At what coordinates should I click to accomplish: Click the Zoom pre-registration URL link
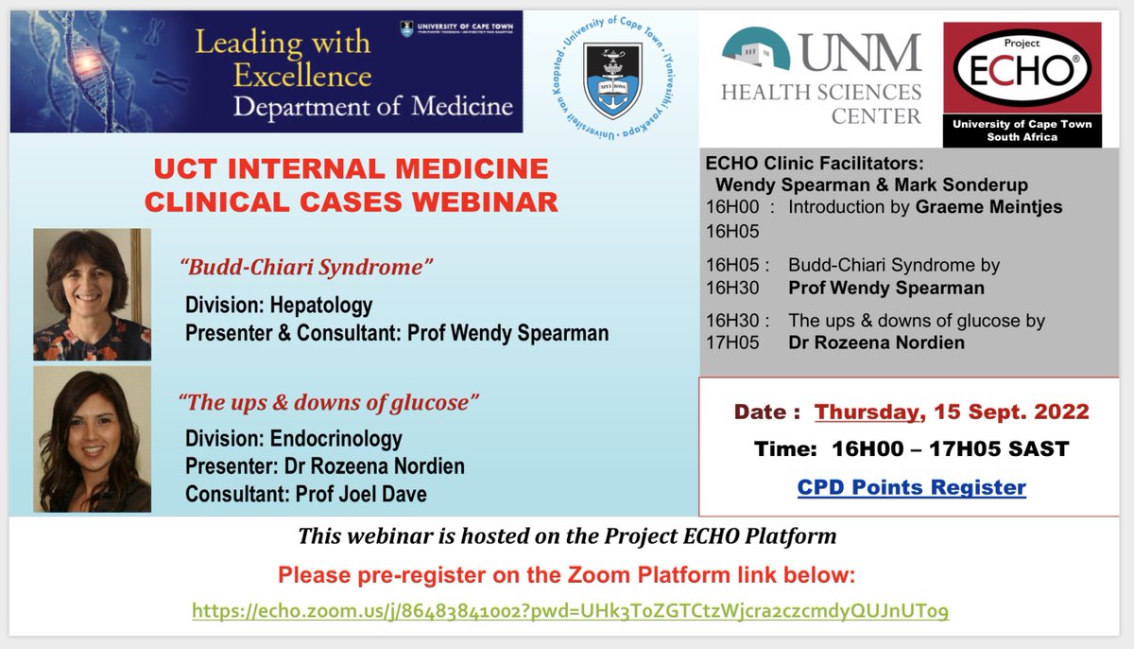pyautogui.click(x=570, y=611)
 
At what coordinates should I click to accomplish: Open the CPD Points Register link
pyautogui.click(x=911, y=487)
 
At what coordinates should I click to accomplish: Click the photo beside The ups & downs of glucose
pyautogui.click(x=92, y=439)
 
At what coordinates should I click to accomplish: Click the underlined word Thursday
pyautogui.click(x=867, y=412)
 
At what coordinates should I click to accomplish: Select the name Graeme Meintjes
pyautogui.click(x=989, y=206)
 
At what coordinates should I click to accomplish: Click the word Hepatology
pyautogui.click(x=320, y=305)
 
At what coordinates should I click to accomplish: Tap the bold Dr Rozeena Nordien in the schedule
pyautogui.click(x=876, y=342)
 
